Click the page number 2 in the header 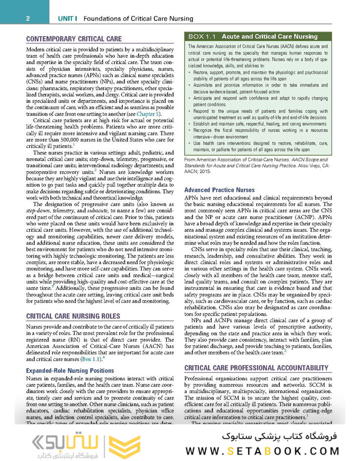coord(28,19)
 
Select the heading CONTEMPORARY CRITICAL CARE coord(74,39)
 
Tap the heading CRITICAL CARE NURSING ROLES coord(74,316)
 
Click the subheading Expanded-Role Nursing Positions coord(70,371)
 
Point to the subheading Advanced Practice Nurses coord(219,190)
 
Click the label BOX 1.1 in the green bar coord(203,37)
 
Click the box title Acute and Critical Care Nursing coord(270,37)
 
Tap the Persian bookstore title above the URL coord(286,435)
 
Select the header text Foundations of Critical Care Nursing coord(138,19)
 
